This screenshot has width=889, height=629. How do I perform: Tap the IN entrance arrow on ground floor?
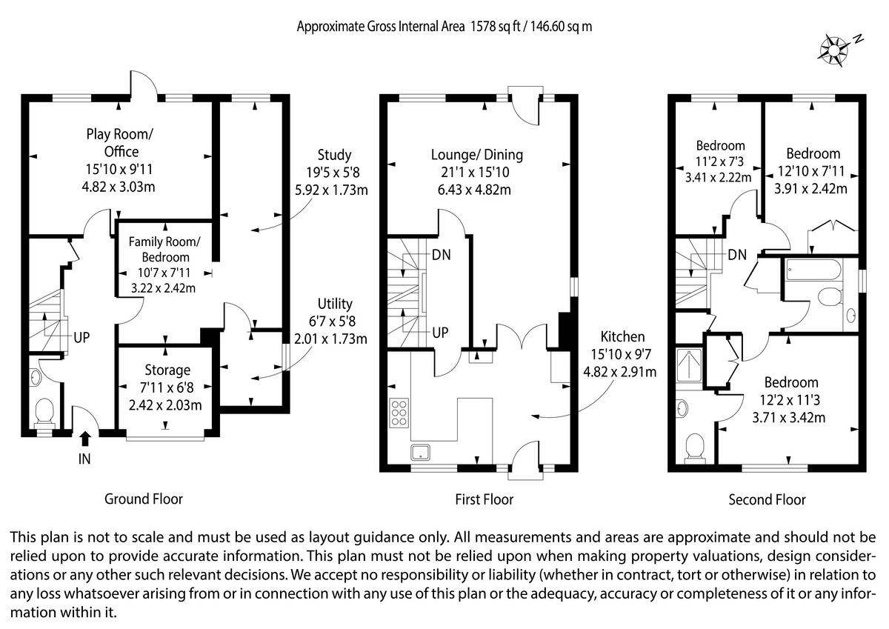pyautogui.click(x=85, y=439)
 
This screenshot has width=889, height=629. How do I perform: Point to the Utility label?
pyautogui.click(x=335, y=304)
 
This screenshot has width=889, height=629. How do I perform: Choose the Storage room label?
pyautogui.click(x=167, y=370)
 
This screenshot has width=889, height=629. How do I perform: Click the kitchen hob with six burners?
pyautogui.click(x=398, y=413)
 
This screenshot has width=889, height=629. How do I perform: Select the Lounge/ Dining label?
pyautogui.click(x=477, y=155)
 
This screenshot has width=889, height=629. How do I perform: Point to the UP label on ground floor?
pyautogui.click(x=81, y=338)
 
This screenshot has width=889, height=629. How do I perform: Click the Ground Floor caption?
pyautogui.click(x=144, y=499)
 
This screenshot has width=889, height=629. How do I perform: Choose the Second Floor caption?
pyautogui.click(x=768, y=499)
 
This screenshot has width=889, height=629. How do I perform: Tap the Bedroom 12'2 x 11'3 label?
pyautogui.click(x=792, y=382)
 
